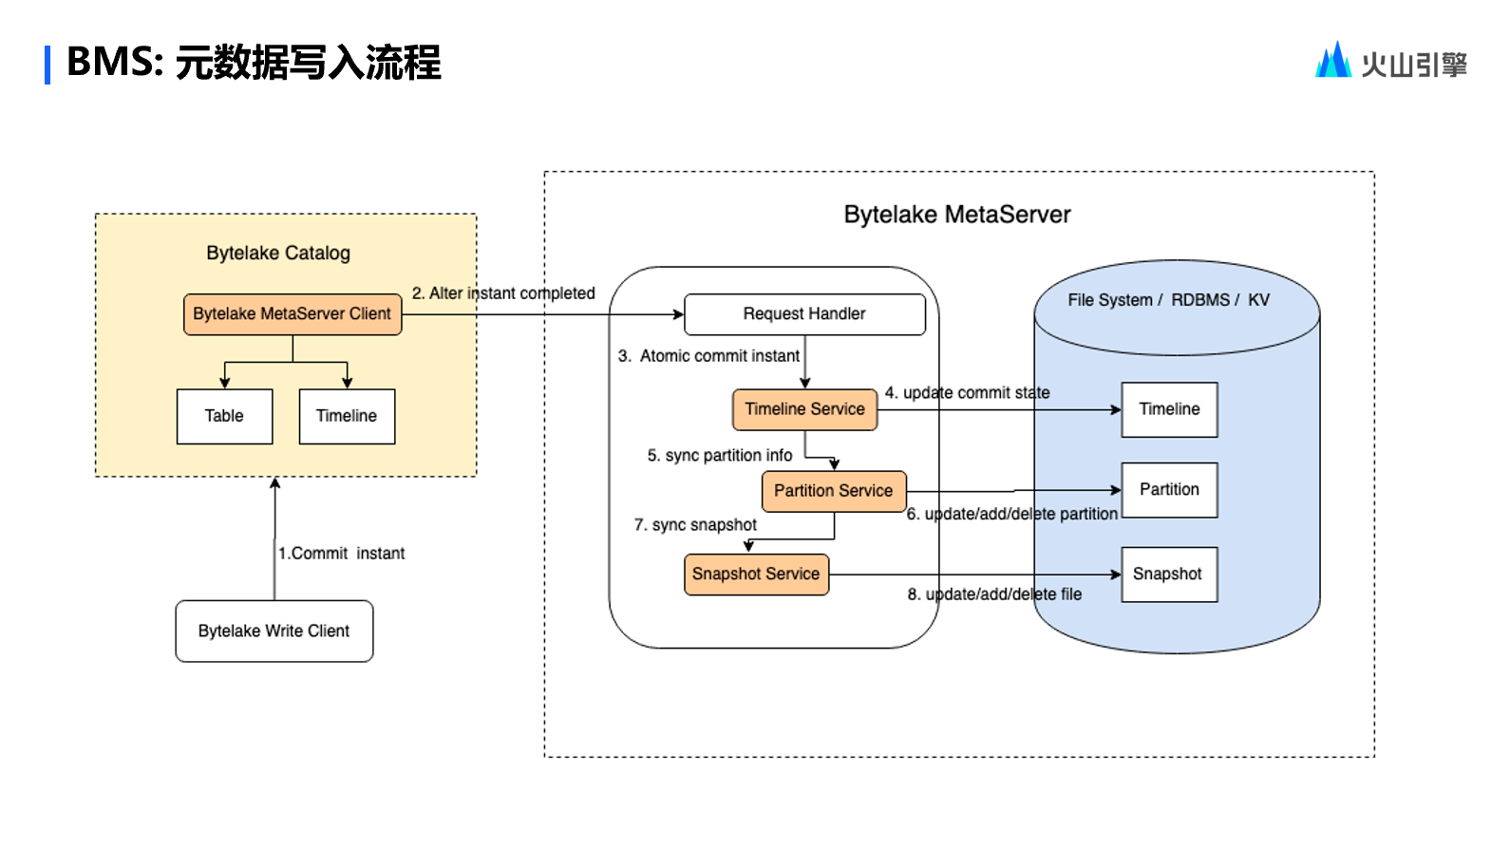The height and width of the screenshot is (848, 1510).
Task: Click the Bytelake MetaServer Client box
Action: click(293, 314)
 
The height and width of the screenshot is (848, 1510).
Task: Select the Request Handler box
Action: click(804, 314)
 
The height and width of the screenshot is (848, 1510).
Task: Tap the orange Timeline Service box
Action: click(804, 409)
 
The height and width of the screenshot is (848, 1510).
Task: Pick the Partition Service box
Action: click(833, 491)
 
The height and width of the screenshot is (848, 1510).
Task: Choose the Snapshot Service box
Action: click(756, 575)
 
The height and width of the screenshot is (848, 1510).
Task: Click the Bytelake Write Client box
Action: click(274, 631)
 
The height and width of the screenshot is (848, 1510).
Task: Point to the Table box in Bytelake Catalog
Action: click(224, 416)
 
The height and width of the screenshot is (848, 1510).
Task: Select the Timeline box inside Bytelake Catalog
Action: click(347, 416)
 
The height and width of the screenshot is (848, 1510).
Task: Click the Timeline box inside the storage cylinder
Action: click(1169, 409)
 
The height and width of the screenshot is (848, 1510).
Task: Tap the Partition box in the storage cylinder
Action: click(1169, 490)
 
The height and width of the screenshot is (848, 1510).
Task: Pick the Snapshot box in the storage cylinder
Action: click(1168, 575)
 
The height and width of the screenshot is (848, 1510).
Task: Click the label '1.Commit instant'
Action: click(342, 554)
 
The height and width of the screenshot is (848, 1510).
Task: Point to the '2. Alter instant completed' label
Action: click(503, 293)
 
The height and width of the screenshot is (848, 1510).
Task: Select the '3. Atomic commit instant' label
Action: click(708, 356)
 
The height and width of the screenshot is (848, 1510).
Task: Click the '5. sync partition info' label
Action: click(720, 456)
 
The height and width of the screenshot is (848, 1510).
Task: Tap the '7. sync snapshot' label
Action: click(695, 525)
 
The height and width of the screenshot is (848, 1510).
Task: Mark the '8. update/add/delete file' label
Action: click(994, 594)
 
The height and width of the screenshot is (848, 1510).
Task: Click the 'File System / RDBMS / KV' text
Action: click(1168, 300)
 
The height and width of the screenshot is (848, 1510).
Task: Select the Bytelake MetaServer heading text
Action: click(957, 215)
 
